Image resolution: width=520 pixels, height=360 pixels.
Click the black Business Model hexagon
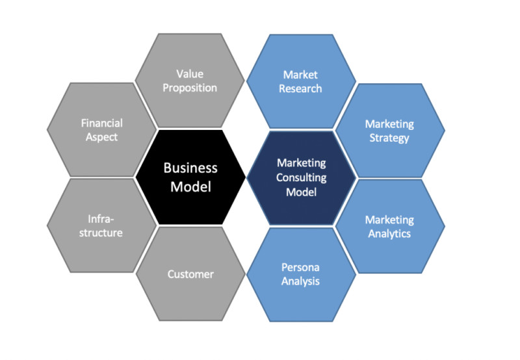point(190,177)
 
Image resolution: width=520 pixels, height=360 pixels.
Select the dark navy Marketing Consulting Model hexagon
point(301,178)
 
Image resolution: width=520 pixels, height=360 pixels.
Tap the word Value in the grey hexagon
point(190,73)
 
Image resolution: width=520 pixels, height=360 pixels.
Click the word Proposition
point(190,88)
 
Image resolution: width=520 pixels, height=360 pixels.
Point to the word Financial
point(102,123)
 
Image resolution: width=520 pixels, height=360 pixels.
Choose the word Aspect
point(101,137)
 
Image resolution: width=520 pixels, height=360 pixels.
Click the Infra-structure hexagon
point(101,225)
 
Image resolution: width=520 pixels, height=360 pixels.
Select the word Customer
point(190,274)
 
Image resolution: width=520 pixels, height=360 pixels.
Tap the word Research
point(300,88)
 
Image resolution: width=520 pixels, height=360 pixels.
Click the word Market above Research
point(300,75)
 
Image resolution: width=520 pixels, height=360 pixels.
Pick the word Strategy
point(389,138)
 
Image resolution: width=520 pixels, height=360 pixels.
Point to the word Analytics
point(389,234)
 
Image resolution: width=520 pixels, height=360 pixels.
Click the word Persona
point(300,267)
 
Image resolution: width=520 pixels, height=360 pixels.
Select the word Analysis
point(300,281)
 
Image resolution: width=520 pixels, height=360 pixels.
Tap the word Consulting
point(301,177)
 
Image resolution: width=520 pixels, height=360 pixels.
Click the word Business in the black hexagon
point(190,168)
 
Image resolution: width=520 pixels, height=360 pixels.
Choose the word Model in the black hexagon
point(190,186)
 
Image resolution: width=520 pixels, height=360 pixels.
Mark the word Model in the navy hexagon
point(301,192)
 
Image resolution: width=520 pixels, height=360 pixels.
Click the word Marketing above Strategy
point(389,124)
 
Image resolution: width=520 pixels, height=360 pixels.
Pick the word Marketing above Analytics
point(389,220)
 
